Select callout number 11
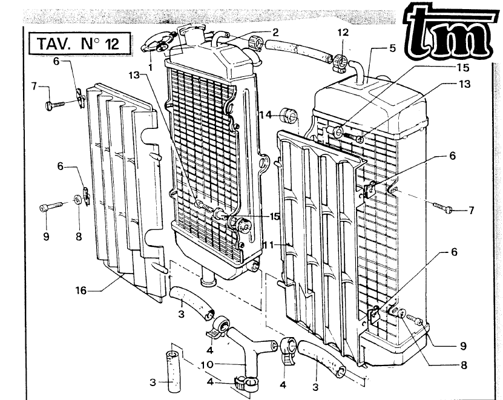point(269,244)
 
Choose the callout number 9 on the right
point(462,346)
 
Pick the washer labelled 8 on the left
point(78,199)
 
